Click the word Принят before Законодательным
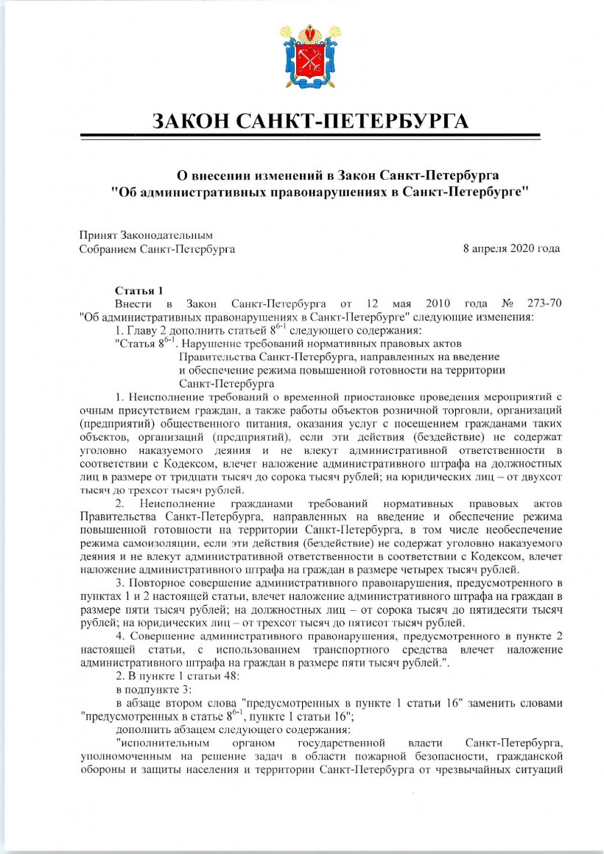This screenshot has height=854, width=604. (x=96, y=235)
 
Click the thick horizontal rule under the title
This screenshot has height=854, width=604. (x=310, y=135)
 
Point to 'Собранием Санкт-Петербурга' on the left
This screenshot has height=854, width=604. (x=157, y=249)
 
